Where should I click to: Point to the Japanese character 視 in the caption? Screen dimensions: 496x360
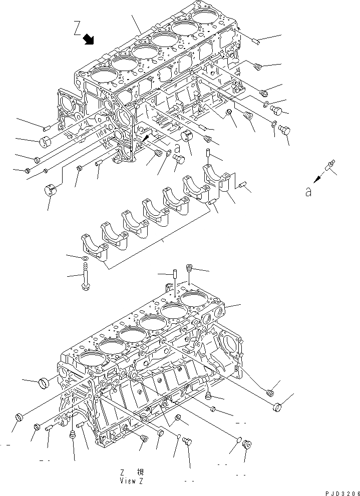click(141, 472)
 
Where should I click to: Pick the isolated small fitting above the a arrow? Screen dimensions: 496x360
click(330, 166)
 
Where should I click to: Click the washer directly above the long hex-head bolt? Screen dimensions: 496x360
click(85, 258)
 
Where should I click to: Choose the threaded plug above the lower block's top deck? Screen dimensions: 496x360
click(189, 269)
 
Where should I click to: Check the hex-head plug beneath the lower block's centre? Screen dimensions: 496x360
click(189, 441)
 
